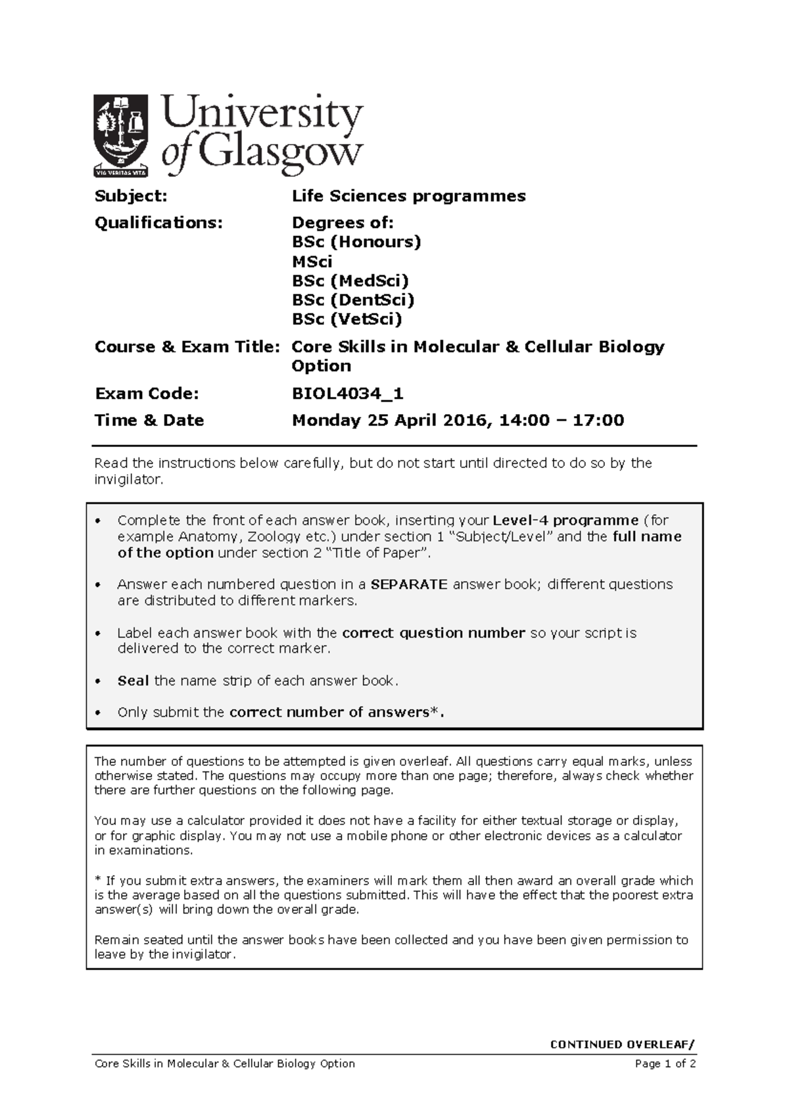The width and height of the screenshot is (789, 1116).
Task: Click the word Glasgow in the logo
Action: pos(281,155)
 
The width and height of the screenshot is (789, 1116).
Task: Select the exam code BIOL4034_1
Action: pos(347,394)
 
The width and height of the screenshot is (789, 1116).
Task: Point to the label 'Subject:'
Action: pos(131,196)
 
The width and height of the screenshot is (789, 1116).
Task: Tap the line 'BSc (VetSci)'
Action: pos(347,319)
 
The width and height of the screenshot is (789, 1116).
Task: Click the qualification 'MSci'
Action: pos(312,262)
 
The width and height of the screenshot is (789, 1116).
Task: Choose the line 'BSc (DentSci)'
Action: pos(353,300)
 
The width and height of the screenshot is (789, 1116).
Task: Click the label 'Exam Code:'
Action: pos(146,394)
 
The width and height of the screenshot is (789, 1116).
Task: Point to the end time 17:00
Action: pos(596,421)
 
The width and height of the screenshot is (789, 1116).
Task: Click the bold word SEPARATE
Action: pos(409,584)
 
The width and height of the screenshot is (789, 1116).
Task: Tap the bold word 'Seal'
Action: pos(133,681)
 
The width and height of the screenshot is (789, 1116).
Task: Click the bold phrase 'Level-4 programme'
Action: pos(565,521)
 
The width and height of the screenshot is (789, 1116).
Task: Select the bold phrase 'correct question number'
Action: pos(433,633)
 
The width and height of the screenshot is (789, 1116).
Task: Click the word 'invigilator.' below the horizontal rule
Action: pos(128,480)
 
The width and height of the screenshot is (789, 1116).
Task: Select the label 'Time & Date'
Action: pos(149,421)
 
